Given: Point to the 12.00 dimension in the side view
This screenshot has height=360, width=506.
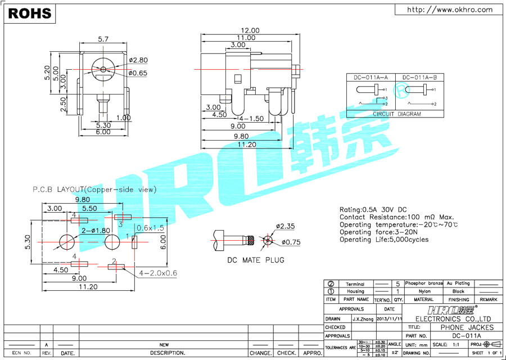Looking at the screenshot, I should (x=250, y=30).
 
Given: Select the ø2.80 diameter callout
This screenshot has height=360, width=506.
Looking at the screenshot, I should (x=138, y=60).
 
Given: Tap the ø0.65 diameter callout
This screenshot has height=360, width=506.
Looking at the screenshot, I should (x=138, y=73).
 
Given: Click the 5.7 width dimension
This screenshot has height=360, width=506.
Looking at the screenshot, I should (x=103, y=39).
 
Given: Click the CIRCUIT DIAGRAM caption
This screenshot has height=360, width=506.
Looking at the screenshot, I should (x=396, y=114).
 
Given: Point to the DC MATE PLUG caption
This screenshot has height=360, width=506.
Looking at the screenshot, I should (x=255, y=260).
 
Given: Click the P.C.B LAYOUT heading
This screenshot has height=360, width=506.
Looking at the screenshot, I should (x=94, y=190).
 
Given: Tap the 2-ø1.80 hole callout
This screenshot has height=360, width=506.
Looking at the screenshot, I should (x=95, y=231).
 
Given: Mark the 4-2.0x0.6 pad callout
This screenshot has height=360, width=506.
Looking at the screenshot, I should (x=158, y=273).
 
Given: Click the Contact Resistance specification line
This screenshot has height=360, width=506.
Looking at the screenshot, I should (x=396, y=217).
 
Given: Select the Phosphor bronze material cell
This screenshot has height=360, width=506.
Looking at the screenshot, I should (x=424, y=283).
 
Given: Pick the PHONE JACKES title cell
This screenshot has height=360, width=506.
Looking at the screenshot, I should (x=467, y=327).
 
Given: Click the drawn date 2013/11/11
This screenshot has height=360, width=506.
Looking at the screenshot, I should (x=389, y=318).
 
